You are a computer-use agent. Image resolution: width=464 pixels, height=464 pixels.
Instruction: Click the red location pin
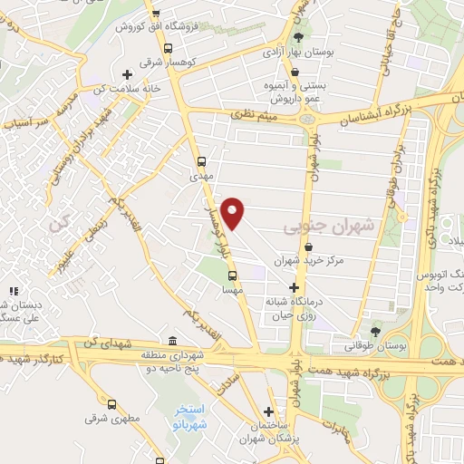[x=234, y=212]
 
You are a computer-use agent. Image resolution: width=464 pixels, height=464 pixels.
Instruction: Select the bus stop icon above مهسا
[x=232, y=275]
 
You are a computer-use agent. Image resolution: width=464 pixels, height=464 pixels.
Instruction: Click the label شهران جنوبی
[x=314, y=221]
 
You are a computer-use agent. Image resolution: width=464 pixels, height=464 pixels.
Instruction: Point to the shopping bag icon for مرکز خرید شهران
[x=309, y=246]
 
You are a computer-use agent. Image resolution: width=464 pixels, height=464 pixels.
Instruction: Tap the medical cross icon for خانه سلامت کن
[x=127, y=73]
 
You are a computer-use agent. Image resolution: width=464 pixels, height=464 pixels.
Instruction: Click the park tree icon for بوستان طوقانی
[x=375, y=331]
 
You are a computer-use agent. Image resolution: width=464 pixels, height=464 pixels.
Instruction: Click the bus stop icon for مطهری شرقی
[x=111, y=405]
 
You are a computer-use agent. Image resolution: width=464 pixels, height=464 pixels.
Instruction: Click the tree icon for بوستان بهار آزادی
[x=299, y=37]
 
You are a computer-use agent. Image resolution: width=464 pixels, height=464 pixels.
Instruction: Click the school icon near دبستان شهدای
[x=13, y=291]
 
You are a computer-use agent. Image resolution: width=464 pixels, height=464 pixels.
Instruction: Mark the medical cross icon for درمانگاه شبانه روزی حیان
[x=292, y=287]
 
